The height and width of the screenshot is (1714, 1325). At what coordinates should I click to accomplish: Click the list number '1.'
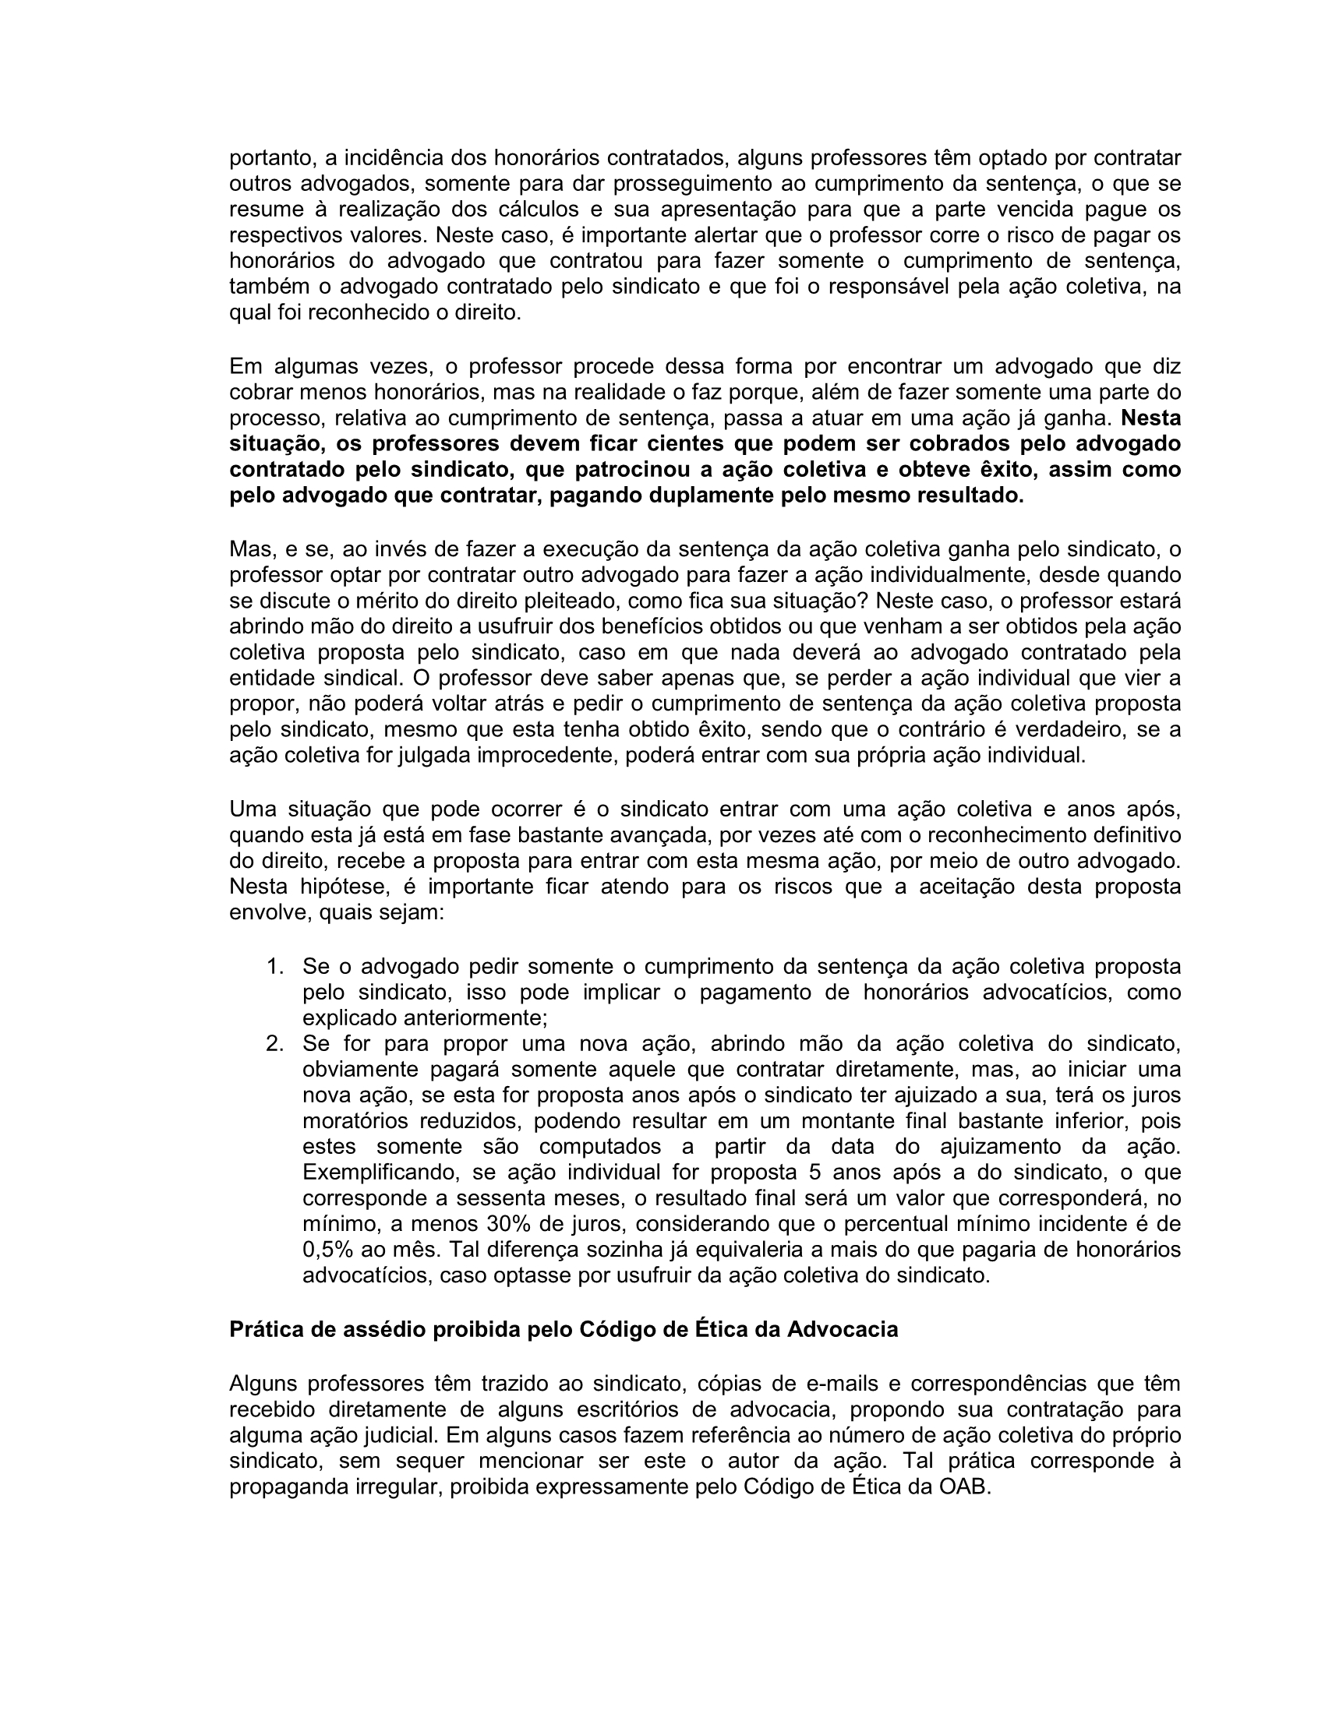275,967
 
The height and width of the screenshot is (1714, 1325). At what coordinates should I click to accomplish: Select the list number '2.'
274,1045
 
